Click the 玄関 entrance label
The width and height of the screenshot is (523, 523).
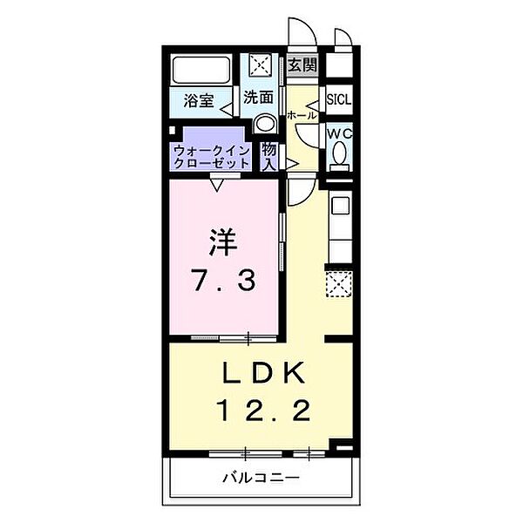302,65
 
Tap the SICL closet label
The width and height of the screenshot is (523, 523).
339,99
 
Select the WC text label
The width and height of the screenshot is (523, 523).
340,134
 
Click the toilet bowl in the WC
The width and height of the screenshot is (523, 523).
340,152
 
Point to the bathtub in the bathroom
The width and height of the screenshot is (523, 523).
201,70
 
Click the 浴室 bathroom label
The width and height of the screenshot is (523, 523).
199,100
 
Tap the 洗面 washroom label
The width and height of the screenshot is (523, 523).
258,98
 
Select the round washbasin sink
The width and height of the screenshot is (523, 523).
265,124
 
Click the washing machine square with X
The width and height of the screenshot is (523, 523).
261,65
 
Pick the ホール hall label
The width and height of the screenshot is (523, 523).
302,116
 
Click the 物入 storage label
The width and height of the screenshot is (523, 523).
268,157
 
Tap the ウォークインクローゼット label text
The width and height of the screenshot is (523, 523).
212,158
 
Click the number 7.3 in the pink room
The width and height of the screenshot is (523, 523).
223,280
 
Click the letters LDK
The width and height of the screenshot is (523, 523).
263,372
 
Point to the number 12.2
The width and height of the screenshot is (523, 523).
263,410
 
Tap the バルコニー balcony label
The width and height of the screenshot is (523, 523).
261,479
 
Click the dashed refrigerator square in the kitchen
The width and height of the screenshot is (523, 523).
338,283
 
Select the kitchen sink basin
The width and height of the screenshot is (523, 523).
341,206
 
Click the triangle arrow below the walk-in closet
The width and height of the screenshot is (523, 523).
217,186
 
